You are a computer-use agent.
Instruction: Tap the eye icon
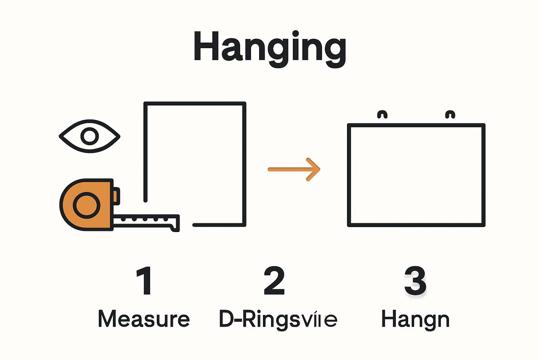(90, 136)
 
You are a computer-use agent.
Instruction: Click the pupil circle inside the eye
(90, 136)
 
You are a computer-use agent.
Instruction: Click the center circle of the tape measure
(86, 205)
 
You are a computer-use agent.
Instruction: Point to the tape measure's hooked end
(175, 224)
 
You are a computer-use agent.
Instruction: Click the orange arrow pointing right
(294, 169)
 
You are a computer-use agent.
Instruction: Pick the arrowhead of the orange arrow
(314, 169)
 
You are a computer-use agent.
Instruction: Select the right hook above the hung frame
(450, 115)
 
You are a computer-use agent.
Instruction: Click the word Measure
(144, 319)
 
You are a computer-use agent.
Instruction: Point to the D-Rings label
(278, 319)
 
